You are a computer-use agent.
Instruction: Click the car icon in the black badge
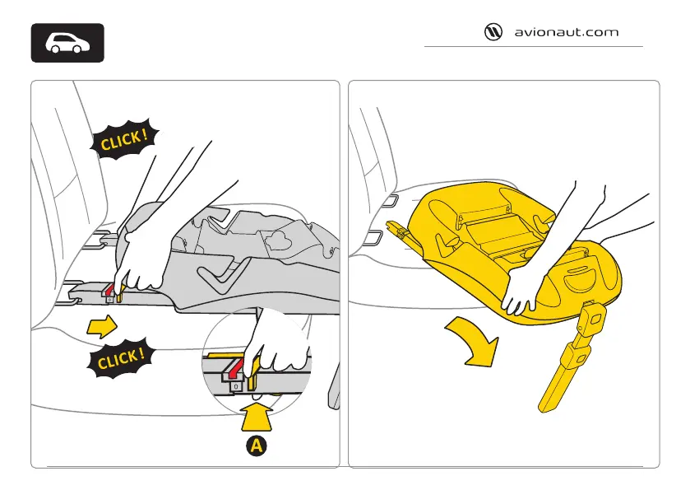click(x=68, y=43)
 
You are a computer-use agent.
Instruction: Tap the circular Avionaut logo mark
click(x=493, y=33)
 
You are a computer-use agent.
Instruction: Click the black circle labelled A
click(x=257, y=446)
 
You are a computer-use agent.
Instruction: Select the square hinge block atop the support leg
click(x=595, y=316)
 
